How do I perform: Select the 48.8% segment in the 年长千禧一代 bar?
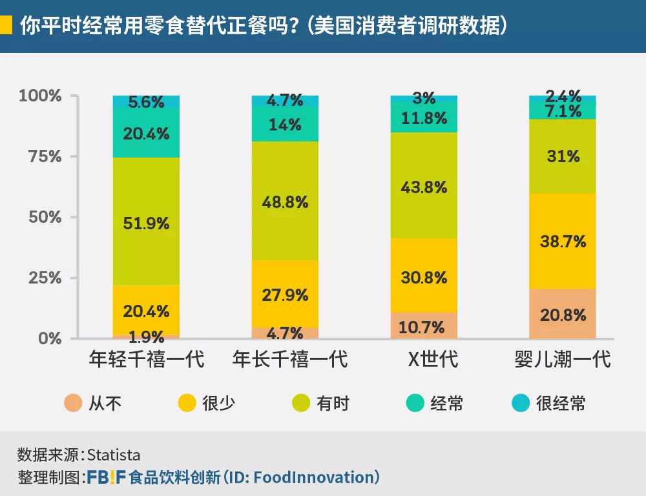click(285, 201)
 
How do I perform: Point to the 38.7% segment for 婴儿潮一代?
click(563, 241)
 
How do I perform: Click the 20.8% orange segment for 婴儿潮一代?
click(563, 315)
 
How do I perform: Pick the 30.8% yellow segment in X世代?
click(424, 277)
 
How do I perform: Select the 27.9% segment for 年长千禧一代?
click(285, 294)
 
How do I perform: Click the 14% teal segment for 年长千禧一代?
click(285, 125)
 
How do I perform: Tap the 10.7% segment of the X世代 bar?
click(424, 327)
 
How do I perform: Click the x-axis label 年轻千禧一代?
click(147, 359)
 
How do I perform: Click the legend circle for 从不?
click(72, 404)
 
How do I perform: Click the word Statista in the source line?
click(113, 455)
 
